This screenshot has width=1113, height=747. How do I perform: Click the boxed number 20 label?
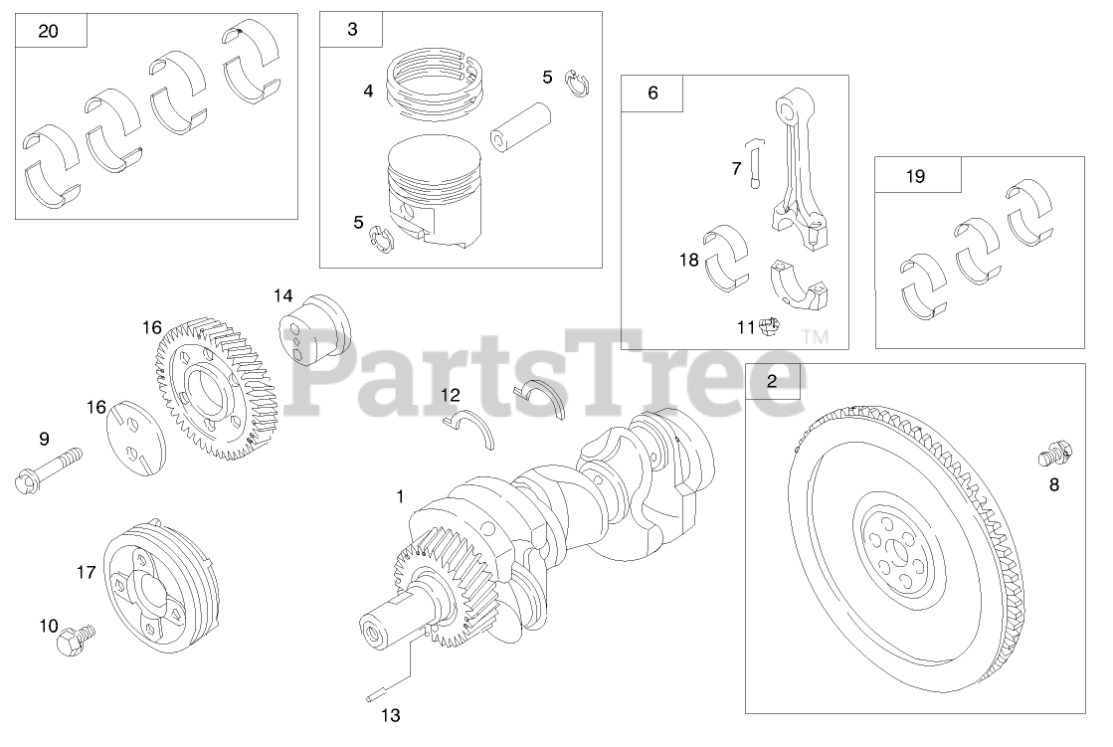click(x=49, y=31)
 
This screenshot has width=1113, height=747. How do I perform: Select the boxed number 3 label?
click(x=352, y=29)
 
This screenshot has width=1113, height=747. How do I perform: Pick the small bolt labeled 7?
click(x=755, y=163)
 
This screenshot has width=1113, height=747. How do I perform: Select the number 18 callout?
click(x=689, y=261)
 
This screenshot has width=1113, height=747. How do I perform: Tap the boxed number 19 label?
click(x=916, y=176)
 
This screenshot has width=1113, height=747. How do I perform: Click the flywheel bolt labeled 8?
click(x=1054, y=453)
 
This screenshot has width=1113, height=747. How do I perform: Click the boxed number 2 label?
click(x=772, y=381)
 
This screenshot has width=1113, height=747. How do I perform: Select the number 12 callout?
click(x=450, y=395)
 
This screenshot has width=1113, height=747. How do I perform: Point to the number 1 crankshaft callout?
click(x=400, y=496)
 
